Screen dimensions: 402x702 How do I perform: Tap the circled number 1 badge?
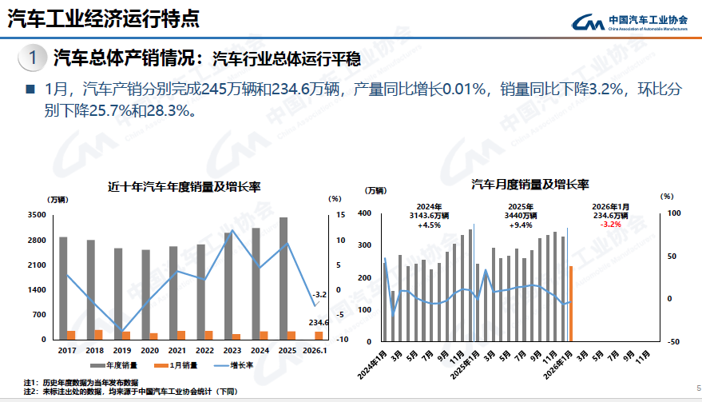click(32, 58)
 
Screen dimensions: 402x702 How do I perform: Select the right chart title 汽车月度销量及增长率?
click(529, 185)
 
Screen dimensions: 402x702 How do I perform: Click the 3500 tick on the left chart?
click(36, 215)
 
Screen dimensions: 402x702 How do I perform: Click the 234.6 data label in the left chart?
click(319, 322)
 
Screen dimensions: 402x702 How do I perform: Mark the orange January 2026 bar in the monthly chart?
click(570, 303)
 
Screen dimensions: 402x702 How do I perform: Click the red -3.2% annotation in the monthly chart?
click(611, 225)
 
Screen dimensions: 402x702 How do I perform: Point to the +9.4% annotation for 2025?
click(520, 225)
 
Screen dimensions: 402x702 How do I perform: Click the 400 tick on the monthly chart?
click(364, 213)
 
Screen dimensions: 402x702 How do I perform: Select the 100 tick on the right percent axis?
click(673, 213)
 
